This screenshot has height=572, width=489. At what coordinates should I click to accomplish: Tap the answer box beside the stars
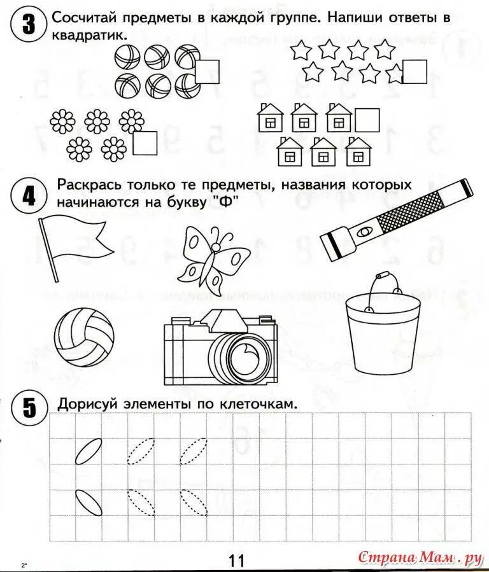point(416,71)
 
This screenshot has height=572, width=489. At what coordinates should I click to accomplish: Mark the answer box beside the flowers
point(146,142)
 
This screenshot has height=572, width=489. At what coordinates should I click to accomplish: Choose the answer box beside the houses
point(367,120)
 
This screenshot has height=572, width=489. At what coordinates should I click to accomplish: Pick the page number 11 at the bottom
point(236,560)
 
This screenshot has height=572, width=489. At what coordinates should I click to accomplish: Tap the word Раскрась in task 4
point(89,184)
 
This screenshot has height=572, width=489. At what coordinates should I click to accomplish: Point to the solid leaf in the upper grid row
point(87,449)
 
